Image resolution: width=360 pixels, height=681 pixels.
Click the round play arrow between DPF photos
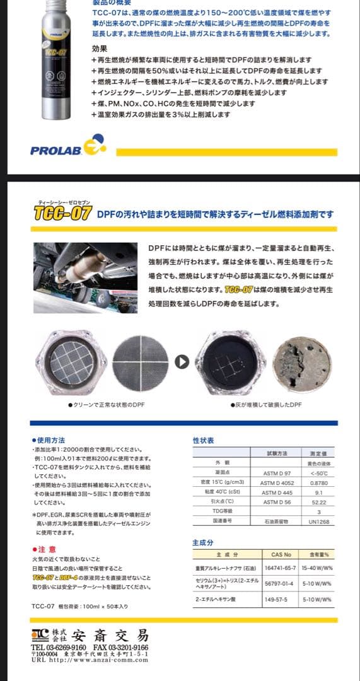click(182, 362)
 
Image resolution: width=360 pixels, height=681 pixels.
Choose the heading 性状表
click(203, 441)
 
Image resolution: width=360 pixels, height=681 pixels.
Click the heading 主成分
click(203, 542)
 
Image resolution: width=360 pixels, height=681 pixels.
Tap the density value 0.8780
click(318, 482)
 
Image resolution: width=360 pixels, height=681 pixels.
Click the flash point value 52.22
click(318, 501)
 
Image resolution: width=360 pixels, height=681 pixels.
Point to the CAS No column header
click(281, 555)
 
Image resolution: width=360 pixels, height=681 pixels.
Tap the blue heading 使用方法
click(50, 439)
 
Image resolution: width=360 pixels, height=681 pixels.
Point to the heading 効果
click(99, 48)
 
